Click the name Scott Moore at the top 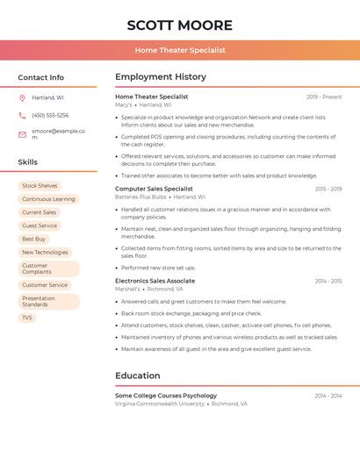(x=179, y=25)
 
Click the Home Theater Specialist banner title (x=179, y=50)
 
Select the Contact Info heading (x=40, y=77)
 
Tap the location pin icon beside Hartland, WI (x=22, y=97)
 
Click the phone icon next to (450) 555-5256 (x=22, y=116)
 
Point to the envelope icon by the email (x=22, y=134)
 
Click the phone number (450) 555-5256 (x=50, y=116)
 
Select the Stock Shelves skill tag (x=40, y=186)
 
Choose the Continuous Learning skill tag (x=48, y=199)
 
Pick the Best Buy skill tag (x=33, y=239)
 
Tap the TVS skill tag (x=27, y=318)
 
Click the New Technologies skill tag (x=45, y=252)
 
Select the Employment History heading (x=161, y=77)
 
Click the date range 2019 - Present (x=324, y=97)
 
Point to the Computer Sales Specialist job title (x=154, y=189)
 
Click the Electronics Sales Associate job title (x=155, y=281)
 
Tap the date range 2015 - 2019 (x=328, y=189)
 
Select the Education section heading (x=137, y=376)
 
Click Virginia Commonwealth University (x=160, y=404)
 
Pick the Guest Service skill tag (x=40, y=225)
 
